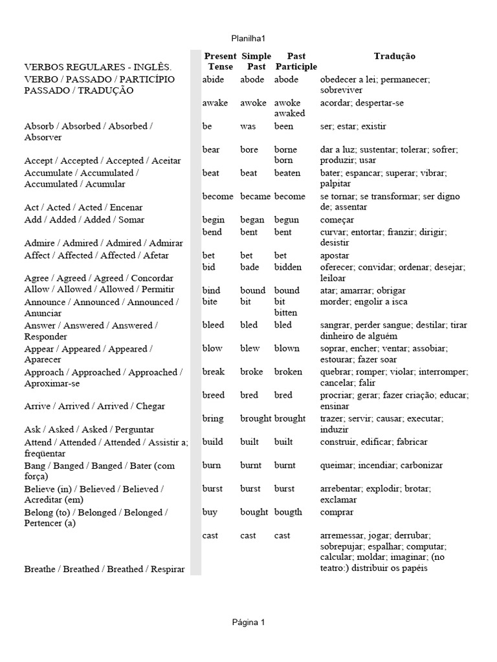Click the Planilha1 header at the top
click(x=248, y=38)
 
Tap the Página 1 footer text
click(x=248, y=623)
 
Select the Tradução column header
click(x=394, y=57)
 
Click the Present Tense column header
click(x=220, y=61)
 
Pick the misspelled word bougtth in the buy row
click(x=288, y=512)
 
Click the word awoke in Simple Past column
click(x=253, y=103)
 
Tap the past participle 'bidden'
click(x=288, y=267)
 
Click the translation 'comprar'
click(x=337, y=512)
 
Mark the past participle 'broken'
click(x=288, y=372)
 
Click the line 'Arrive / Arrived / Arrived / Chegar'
click(x=94, y=406)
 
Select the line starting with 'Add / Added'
click(x=84, y=220)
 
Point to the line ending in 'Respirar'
click(x=104, y=569)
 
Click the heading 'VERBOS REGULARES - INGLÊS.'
click(x=98, y=67)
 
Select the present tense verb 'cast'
click(x=210, y=535)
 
